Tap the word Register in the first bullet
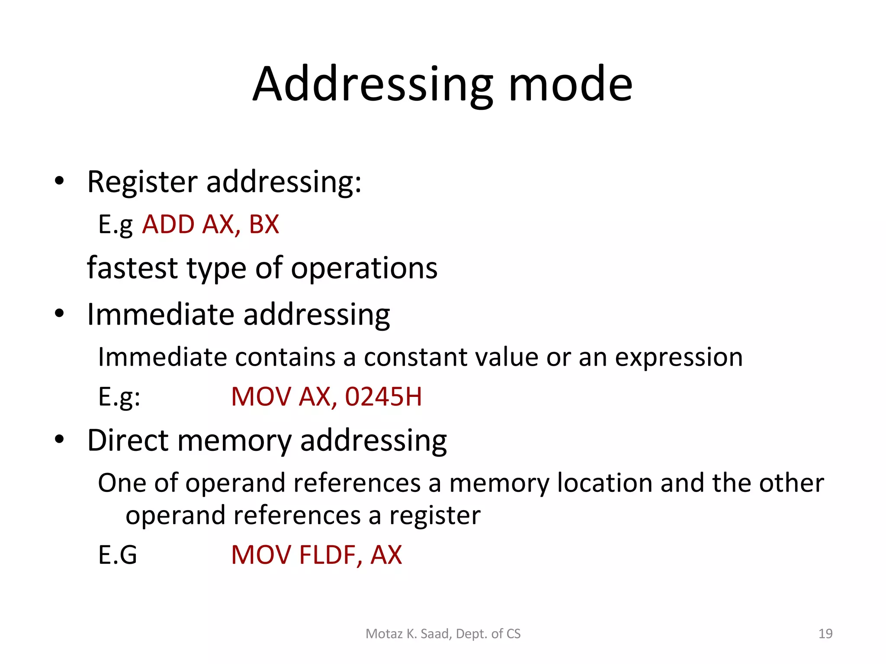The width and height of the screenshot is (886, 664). click(142, 182)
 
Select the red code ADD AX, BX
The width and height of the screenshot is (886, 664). click(211, 224)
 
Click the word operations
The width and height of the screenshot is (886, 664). click(364, 268)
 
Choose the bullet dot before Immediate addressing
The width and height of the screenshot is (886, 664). click(59, 313)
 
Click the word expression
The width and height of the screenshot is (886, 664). click(678, 358)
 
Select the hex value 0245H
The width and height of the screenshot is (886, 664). click(383, 396)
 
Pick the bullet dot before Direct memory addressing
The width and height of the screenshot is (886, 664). click(59, 440)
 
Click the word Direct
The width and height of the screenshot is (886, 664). click(128, 441)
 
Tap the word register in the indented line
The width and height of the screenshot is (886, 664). click(435, 516)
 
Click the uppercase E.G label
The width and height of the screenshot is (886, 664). click(117, 555)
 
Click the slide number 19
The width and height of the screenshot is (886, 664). click(825, 634)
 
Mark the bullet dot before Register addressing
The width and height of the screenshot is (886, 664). click(59, 182)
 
